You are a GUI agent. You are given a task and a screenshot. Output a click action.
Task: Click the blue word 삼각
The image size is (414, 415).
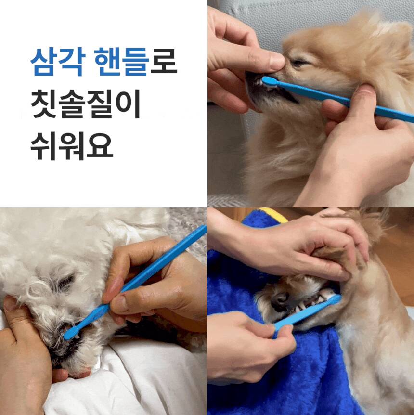[58, 62]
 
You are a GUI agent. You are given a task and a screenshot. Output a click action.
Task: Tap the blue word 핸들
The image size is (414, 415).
[121, 62]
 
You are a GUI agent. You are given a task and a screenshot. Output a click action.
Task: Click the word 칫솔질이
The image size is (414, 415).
[85, 104]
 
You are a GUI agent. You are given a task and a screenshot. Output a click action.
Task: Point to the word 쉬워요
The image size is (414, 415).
[72, 146]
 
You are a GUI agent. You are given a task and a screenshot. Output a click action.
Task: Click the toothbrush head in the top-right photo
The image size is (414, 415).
[270, 81]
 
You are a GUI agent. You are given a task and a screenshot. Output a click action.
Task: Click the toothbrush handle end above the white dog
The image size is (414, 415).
[203, 230]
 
